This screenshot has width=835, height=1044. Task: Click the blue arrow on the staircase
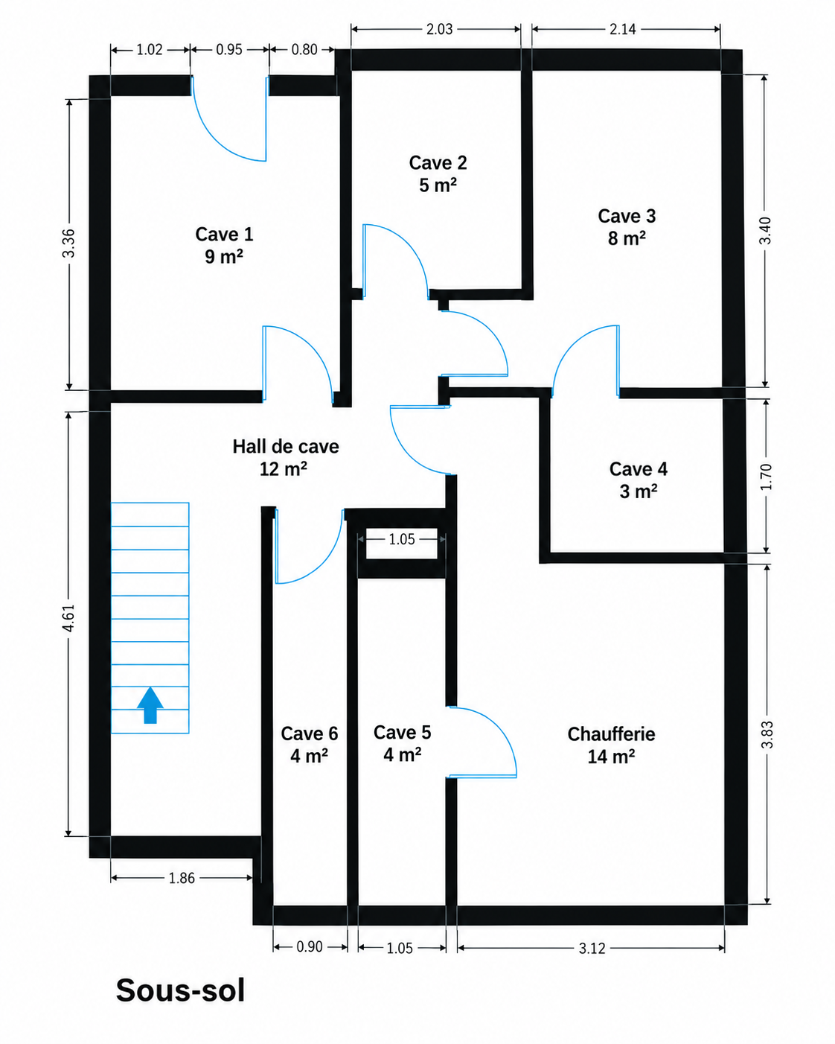(150, 705)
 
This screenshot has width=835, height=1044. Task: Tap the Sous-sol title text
(180, 990)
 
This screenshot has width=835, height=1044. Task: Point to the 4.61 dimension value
(69, 618)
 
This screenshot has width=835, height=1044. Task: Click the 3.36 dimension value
(69, 243)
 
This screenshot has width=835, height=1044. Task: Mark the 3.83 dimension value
(767, 735)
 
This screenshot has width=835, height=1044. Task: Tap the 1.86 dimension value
(182, 878)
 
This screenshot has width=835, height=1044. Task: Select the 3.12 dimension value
(592, 949)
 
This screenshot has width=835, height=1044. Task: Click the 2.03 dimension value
(439, 30)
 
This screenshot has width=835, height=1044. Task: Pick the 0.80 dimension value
(304, 49)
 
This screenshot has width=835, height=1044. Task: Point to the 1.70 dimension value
(766, 477)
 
